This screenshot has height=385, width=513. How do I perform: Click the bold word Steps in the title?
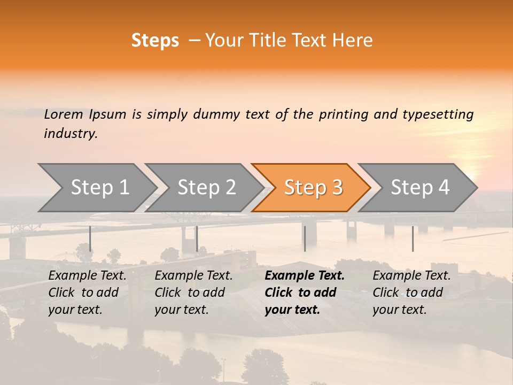[x=155, y=41]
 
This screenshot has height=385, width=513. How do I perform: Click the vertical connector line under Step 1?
[x=90, y=238]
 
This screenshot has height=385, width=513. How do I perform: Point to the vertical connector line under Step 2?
[x=197, y=238]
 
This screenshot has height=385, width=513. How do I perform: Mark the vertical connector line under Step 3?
[x=305, y=238]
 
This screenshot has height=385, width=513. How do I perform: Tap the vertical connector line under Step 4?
[x=413, y=238]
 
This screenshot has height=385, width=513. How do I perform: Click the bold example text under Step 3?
[x=304, y=292]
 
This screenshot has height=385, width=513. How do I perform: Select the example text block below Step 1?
[x=87, y=292]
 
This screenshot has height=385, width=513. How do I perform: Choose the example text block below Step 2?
[x=193, y=292]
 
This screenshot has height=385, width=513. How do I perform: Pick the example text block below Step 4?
[x=411, y=292]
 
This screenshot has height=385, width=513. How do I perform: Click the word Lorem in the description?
[x=64, y=114]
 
